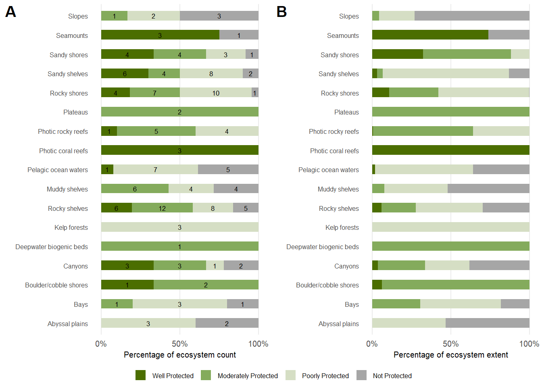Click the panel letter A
tap(10, 12)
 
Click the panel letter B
tap(281, 12)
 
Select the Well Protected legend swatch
tap(140, 375)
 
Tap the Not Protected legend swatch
tap(362, 375)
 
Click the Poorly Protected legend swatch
tap(290, 375)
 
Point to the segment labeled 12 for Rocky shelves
tap(162, 208)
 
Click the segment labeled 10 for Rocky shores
tap(216, 93)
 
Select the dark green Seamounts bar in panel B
tap(430, 35)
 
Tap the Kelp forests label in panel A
tap(71, 227)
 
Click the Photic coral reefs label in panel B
tap(334, 151)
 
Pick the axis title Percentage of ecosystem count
tap(179, 355)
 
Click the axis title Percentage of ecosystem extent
tap(450, 355)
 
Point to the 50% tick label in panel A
tap(179, 344)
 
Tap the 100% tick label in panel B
tap(529, 344)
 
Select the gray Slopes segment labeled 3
tap(219, 16)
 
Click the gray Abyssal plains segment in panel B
tap(487, 323)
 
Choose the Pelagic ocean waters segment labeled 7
tap(155, 170)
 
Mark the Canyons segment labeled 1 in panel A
tap(215, 266)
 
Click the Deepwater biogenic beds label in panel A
tap(52, 247)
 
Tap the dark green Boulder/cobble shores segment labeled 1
tap(127, 285)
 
